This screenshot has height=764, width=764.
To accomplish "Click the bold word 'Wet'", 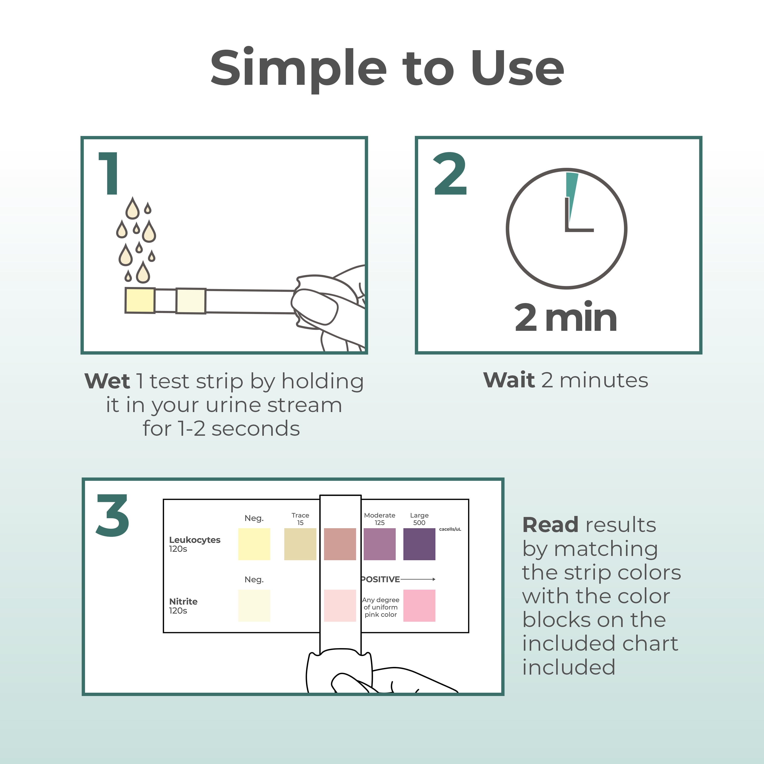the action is coord(107,381).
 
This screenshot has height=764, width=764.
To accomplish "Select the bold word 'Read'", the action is coord(550,525).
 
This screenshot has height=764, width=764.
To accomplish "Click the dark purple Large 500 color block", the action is coord(419,544).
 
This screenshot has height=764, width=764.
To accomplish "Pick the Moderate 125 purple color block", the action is coord(380,544).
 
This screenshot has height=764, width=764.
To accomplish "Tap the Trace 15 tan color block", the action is coord(300,544).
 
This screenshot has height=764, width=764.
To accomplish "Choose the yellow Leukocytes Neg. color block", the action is coord(254,544).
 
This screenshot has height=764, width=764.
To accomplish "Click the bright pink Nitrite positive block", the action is coord(419,605).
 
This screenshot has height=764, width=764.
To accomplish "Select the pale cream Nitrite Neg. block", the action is coord(254,605).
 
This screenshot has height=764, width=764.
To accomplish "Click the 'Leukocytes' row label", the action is coord(195,540).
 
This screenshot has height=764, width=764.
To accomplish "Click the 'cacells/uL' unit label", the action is coord(450,529).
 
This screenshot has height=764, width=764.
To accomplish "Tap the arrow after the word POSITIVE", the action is coord(418,579).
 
